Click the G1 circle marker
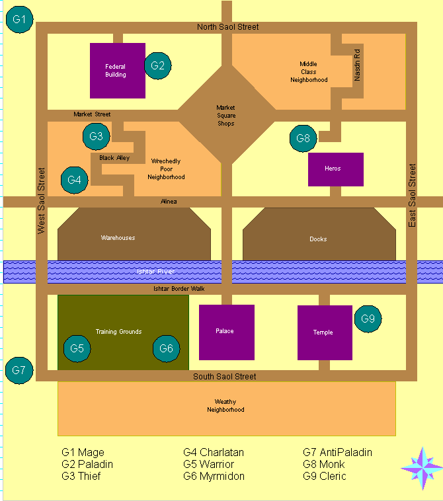pos(19,19)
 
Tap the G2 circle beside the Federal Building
pos(157,65)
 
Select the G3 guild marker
pos(97,137)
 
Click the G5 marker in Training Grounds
pos(77,348)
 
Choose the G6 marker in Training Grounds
pos(167,348)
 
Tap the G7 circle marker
pos(19,370)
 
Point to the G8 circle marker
pos(303,139)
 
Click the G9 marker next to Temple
pos(368,319)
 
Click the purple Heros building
pos(336,169)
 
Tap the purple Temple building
pos(324,332)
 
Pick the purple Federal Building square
pos(118,70)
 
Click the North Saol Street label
pos(228,27)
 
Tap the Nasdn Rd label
pos(357,64)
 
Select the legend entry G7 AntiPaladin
pos(337,453)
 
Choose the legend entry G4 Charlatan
pos(214,453)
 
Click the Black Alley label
pos(114,158)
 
